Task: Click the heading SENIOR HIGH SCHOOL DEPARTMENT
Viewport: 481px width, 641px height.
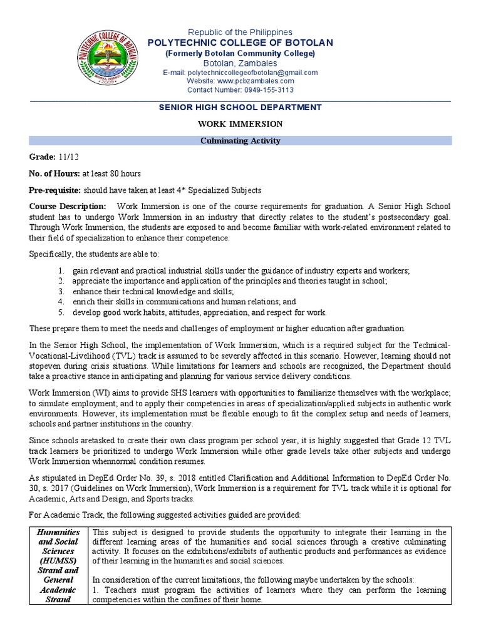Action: (240, 108)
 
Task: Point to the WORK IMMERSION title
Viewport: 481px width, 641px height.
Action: (240, 124)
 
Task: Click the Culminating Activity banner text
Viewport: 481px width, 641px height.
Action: (240, 141)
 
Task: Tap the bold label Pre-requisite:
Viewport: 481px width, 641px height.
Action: (55, 190)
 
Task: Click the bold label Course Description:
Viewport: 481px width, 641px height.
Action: (68, 206)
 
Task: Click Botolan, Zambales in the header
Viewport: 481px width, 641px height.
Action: (240, 63)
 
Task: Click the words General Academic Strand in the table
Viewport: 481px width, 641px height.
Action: (58, 590)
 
